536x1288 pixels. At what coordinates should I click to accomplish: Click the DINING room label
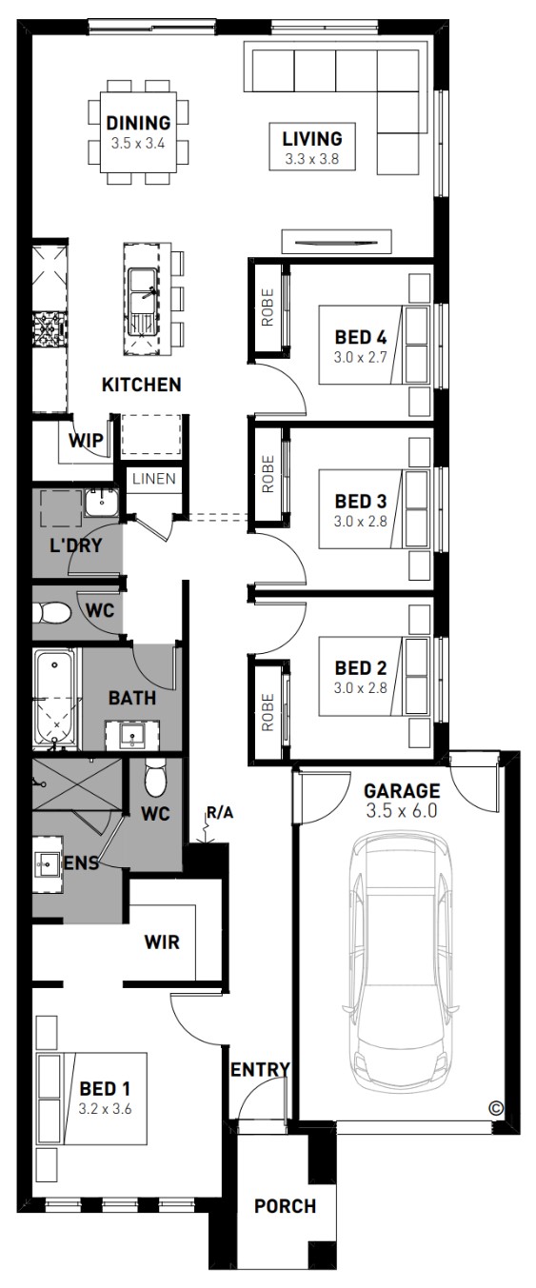click(138, 123)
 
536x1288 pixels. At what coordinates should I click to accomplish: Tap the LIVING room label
click(312, 139)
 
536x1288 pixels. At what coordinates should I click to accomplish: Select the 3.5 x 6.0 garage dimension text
click(402, 811)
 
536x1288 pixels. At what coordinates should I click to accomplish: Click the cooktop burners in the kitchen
click(50, 328)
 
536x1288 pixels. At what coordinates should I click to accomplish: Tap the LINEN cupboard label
click(154, 479)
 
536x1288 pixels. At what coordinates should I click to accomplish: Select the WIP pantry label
click(87, 441)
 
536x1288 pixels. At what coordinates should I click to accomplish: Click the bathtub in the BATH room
click(55, 699)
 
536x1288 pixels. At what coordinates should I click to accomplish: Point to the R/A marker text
click(220, 813)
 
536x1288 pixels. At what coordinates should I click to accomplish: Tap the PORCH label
click(286, 1206)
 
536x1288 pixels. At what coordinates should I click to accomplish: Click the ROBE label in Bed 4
click(268, 307)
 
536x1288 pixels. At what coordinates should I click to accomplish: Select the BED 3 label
click(361, 502)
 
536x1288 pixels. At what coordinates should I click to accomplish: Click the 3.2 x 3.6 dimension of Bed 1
click(105, 1109)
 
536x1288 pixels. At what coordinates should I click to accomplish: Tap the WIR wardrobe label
click(162, 942)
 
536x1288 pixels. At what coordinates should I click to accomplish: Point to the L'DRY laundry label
click(76, 545)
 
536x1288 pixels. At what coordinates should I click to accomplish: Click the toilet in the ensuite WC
click(154, 777)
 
